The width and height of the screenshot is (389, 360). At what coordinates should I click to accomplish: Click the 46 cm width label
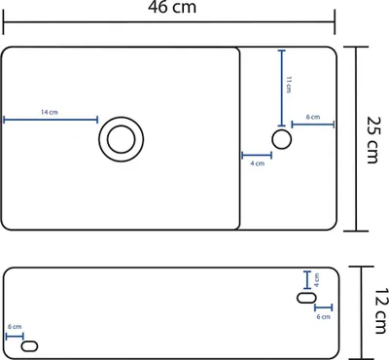click(172, 7)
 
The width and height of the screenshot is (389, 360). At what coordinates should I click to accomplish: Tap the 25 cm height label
click(372, 139)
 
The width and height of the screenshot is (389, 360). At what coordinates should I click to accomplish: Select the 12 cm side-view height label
click(382, 310)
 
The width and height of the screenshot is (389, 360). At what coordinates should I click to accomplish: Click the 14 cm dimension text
click(50, 112)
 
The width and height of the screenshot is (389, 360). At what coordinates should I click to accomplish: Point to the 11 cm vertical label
click(289, 85)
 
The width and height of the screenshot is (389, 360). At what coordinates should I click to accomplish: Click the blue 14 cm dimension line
click(51, 120)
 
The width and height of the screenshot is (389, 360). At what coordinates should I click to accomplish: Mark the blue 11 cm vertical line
click(282, 88)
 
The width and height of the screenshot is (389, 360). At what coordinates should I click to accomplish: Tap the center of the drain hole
click(121, 139)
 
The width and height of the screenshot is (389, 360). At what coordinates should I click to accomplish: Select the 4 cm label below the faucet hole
click(258, 163)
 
